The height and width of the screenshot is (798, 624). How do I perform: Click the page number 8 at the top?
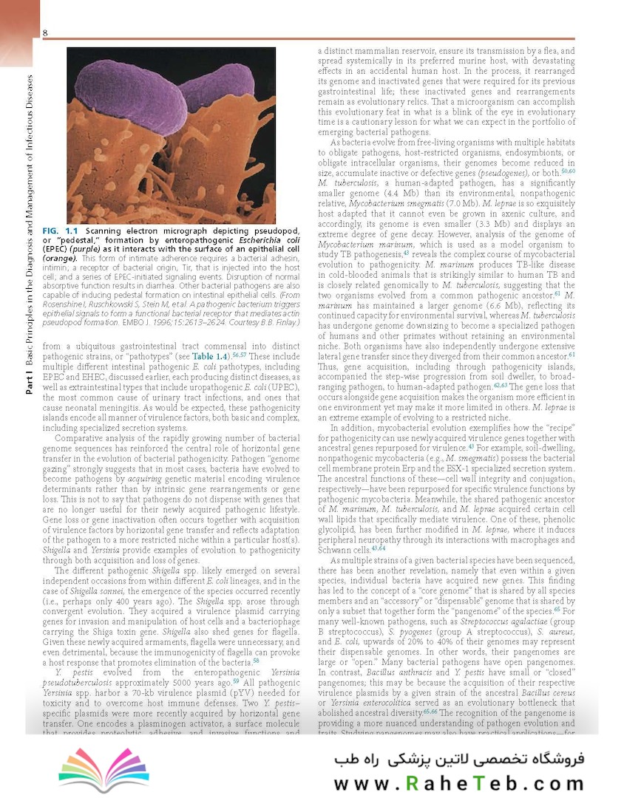(45, 33)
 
